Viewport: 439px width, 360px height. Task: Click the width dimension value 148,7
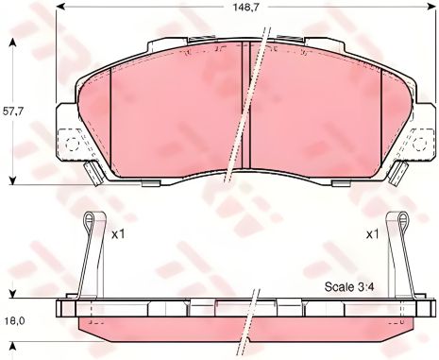[x=245, y=8]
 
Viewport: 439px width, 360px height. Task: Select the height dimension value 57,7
[x=12, y=111]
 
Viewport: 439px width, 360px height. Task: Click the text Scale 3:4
[x=349, y=287]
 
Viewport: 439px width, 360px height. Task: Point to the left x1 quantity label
[x=119, y=234]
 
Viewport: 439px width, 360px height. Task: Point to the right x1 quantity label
[x=373, y=234]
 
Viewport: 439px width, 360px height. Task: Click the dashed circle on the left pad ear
[x=72, y=145]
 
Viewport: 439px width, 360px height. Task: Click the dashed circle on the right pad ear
[x=419, y=144]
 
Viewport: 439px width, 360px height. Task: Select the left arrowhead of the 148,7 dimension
[x=59, y=7]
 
